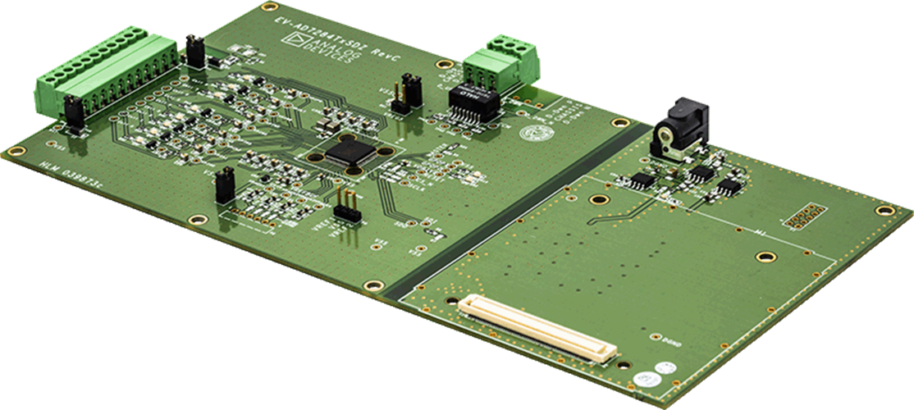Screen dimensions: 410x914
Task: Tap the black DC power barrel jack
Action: click(679, 132)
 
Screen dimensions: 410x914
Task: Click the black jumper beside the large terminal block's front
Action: click(73, 112)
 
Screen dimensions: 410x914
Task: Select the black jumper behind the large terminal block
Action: click(195, 51)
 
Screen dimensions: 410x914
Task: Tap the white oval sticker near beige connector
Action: click(644, 379)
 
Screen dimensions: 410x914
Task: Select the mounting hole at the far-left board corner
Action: click(13, 151)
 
